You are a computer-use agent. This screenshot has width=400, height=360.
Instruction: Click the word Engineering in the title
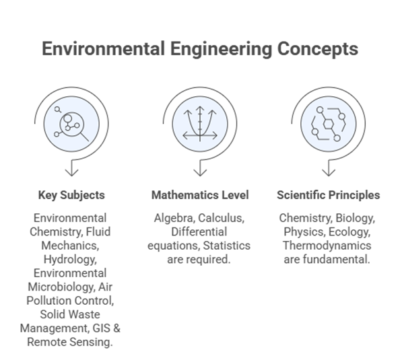[x=221, y=49]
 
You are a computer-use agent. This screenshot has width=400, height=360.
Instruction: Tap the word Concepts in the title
[x=318, y=49]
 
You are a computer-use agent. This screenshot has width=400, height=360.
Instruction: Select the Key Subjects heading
[x=71, y=195]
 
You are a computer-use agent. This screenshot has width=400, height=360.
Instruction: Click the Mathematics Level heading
[x=200, y=195]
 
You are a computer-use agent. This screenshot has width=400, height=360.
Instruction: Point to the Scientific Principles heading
[x=329, y=195]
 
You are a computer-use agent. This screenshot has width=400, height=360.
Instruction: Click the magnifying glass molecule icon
[x=71, y=124]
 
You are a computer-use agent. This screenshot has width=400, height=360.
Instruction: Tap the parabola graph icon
[x=200, y=124]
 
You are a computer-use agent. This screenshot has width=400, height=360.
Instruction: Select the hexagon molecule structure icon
[x=329, y=124]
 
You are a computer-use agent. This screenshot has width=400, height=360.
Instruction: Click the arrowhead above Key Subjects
[x=71, y=173]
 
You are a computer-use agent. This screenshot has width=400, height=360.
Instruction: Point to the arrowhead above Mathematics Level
[x=200, y=173]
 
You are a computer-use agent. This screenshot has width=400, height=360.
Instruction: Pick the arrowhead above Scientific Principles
[x=329, y=173]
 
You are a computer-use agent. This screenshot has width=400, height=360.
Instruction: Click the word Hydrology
[x=70, y=260]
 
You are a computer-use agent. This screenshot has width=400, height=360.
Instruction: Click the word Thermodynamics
[x=327, y=246]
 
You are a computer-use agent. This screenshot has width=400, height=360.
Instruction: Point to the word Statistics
[x=227, y=246]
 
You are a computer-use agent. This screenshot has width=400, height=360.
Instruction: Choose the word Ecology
[x=349, y=232]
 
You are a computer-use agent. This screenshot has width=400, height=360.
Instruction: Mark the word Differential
[x=199, y=232]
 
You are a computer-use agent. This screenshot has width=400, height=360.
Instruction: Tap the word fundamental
[x=337, y=260]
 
